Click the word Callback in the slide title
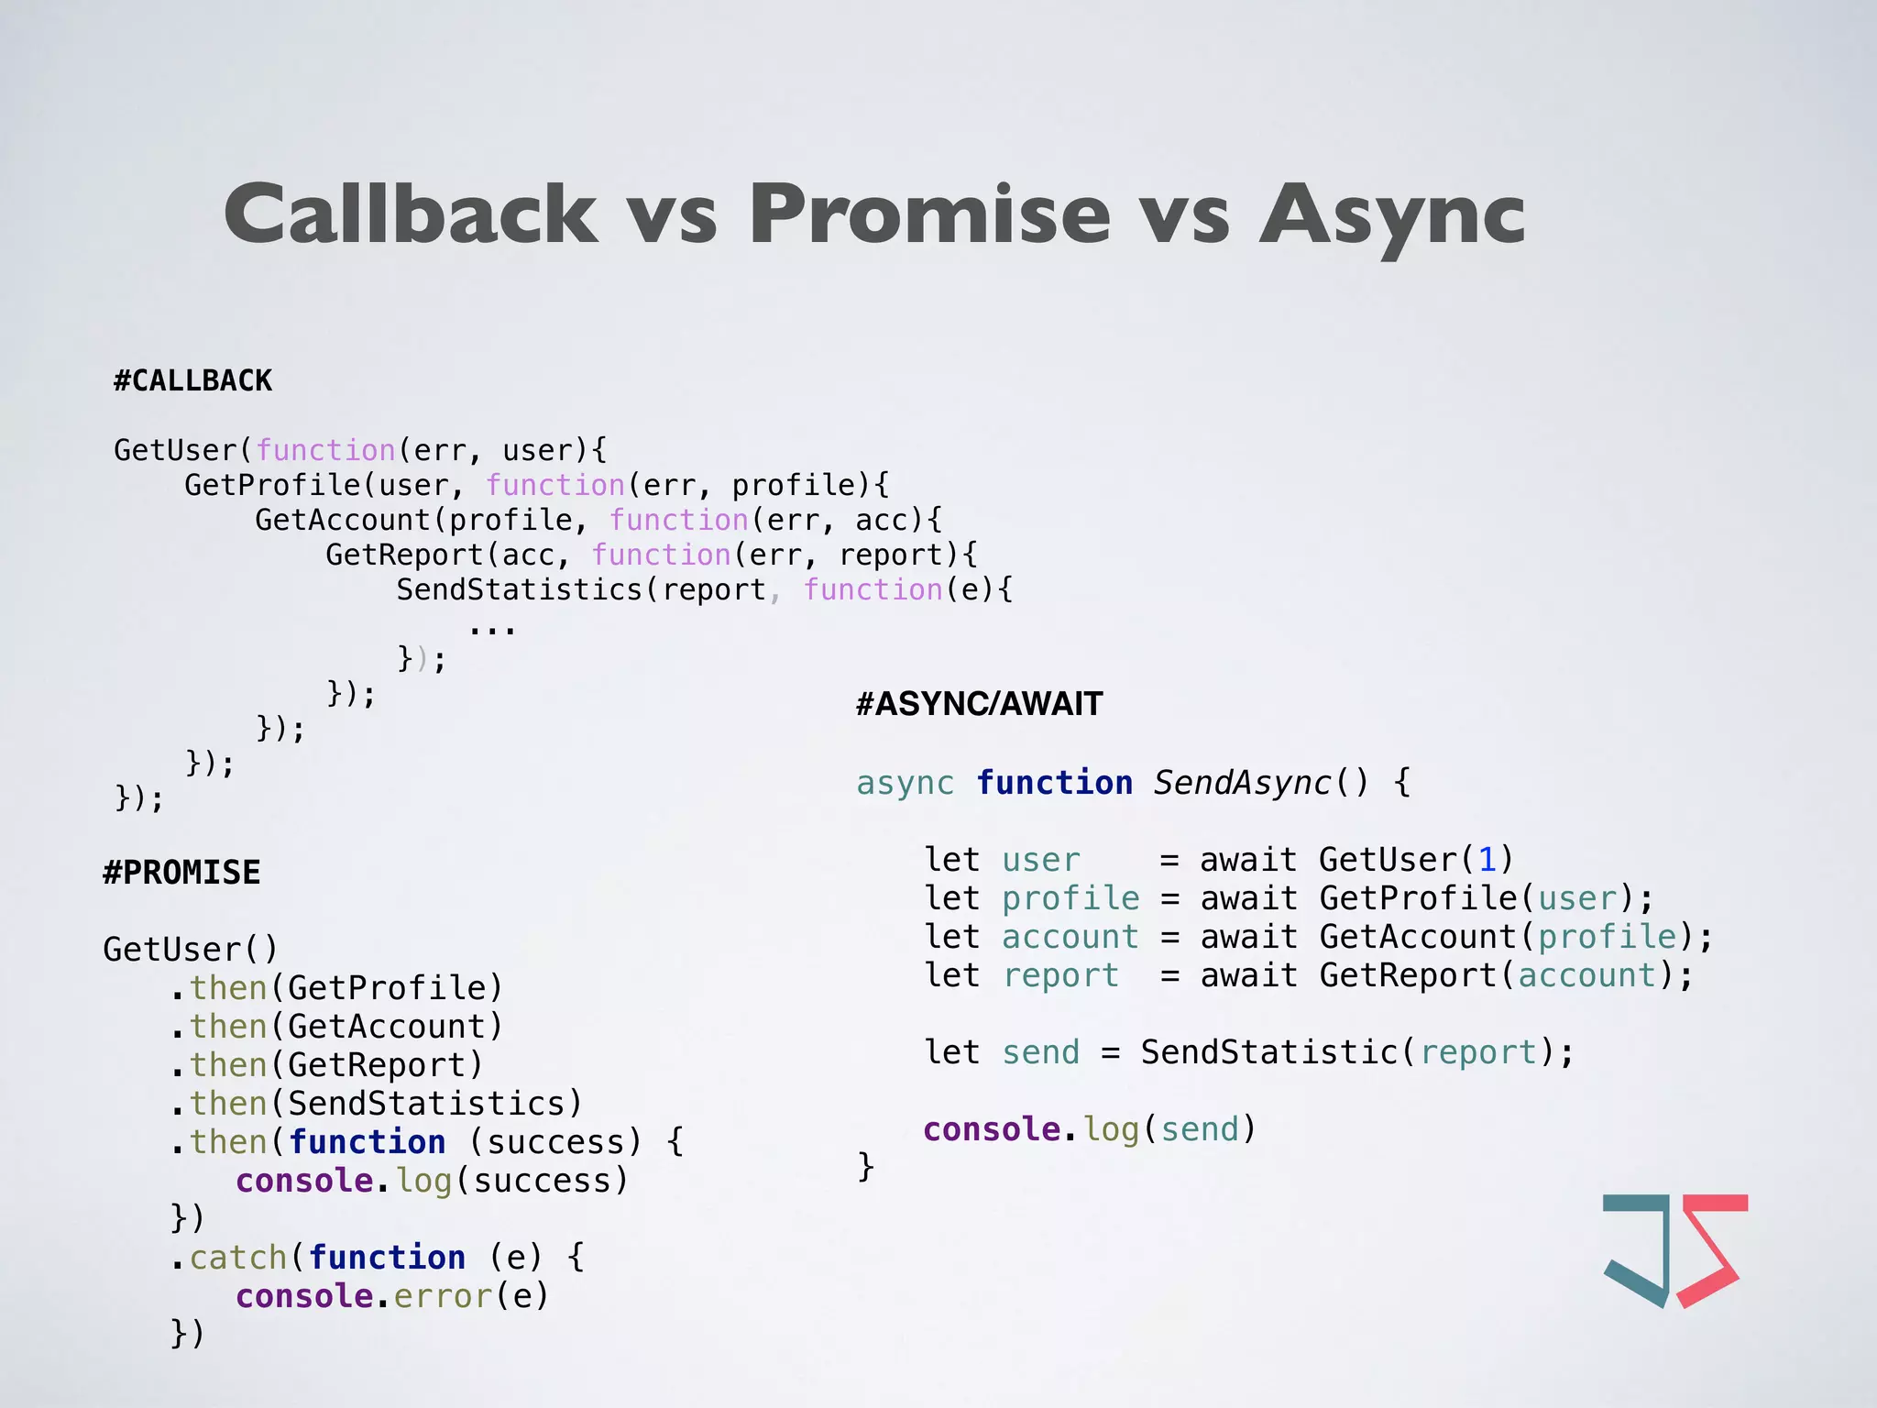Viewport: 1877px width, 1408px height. [411, 214]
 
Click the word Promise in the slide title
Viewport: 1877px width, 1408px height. [929, 214]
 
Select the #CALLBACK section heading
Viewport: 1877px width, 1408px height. [192, 380]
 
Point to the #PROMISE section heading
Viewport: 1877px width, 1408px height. [181, 873]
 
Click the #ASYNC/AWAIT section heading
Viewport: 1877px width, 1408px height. [979, 704]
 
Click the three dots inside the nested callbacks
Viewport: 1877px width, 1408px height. [492, 630]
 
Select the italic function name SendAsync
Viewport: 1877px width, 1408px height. [1242, 783]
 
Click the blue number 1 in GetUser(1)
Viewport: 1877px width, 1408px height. [1487, 860]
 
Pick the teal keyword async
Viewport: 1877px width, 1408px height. [905, 783]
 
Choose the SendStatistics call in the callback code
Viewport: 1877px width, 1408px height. [519, 589]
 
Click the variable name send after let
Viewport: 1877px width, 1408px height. [1040, 1052]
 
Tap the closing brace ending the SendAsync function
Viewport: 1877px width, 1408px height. [865, 1166]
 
